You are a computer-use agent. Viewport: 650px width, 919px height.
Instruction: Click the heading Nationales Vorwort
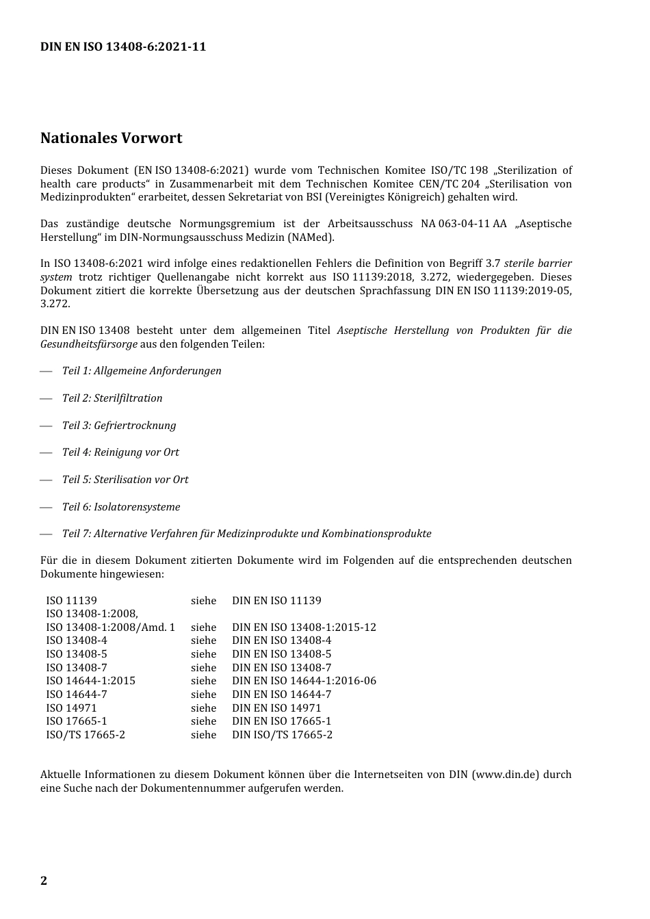tap(111, 138)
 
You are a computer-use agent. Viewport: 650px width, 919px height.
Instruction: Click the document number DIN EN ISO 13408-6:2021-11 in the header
tap(123, 47)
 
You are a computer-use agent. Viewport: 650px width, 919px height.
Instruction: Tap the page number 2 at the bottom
tap(44, 881)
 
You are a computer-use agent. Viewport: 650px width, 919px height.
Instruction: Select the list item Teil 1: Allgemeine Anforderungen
tap(142, 371)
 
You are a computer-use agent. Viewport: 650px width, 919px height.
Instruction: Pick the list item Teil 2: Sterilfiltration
tap(112, 398)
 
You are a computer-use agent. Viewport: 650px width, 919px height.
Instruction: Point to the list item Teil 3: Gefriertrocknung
tap(119, 426)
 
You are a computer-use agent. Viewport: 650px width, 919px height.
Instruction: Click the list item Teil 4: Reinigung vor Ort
tap(120, 452)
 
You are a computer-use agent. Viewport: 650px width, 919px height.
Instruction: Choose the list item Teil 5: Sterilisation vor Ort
tap(125, 480)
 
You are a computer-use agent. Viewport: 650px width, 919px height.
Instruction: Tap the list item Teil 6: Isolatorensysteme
tap(121, 507)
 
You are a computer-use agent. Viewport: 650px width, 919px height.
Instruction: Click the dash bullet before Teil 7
tap(46, 534)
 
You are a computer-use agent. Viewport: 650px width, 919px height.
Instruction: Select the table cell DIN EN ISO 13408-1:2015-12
tap(304, 627)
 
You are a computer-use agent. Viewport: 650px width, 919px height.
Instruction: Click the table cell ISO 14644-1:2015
tap(90, 681)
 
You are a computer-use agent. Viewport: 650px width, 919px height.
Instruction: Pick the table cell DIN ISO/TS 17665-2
tap(282, 735)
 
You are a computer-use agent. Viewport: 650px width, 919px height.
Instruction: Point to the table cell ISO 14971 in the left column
tap(71, 708)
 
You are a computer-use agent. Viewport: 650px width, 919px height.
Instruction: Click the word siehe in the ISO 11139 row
tap(203, 601)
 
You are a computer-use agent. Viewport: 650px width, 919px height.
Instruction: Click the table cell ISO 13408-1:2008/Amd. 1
tap(110, 627)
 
